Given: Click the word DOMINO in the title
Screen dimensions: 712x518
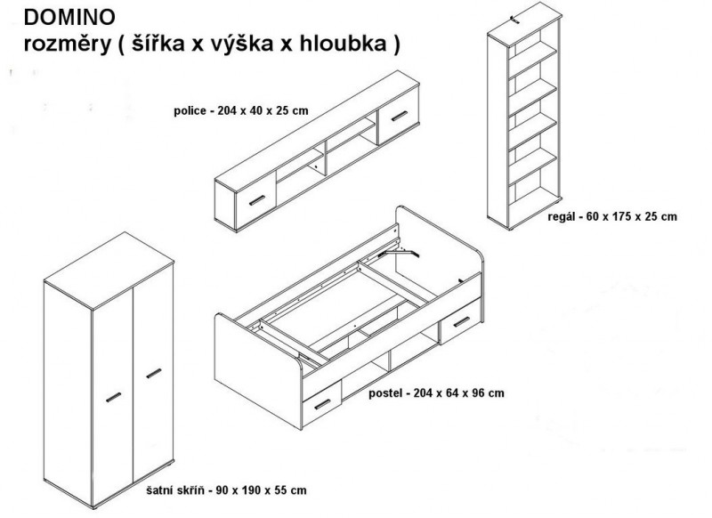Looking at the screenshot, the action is (x=69, y=18).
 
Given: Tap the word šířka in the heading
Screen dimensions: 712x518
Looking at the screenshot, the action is (x=158, y=43).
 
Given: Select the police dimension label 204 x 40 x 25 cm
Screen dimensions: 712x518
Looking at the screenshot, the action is (x=263, y=110).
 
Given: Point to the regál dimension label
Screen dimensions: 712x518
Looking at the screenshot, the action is (x=612, y=216).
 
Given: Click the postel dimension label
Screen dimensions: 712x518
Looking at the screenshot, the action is (x=436, y=393).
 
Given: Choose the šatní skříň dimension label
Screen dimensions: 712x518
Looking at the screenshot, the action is (x=227, y=490).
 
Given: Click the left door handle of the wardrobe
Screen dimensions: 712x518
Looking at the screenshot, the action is (x=114, y=397).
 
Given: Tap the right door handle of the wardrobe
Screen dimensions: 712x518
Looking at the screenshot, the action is (x=154, y=373).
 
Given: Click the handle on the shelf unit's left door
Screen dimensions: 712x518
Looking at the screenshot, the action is (x=257, y=200).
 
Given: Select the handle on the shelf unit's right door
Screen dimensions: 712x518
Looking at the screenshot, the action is (x=400, y=117).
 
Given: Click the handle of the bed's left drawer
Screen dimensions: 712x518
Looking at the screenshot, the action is (x=322, y=404).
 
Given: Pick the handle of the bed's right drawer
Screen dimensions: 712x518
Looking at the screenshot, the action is (x=462, y=322).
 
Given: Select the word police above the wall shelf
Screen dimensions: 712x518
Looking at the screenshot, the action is (x=190, y=110).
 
